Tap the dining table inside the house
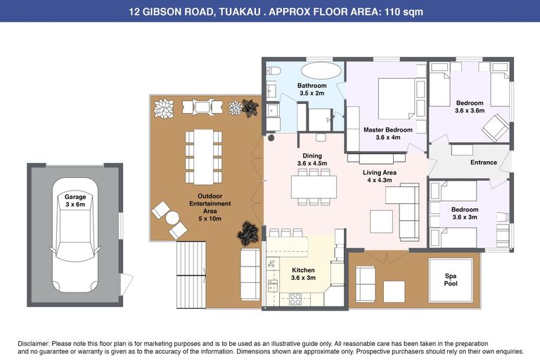click(x=314, y=186)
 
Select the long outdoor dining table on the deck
click(x=203, y=157)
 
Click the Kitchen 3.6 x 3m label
click(x=303, y=274)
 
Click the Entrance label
click(x=483, y=162)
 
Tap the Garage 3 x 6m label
click(x=75, y=201)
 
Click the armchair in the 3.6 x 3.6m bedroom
click(x=495, y=127)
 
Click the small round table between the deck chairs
click(x=172, y=218)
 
